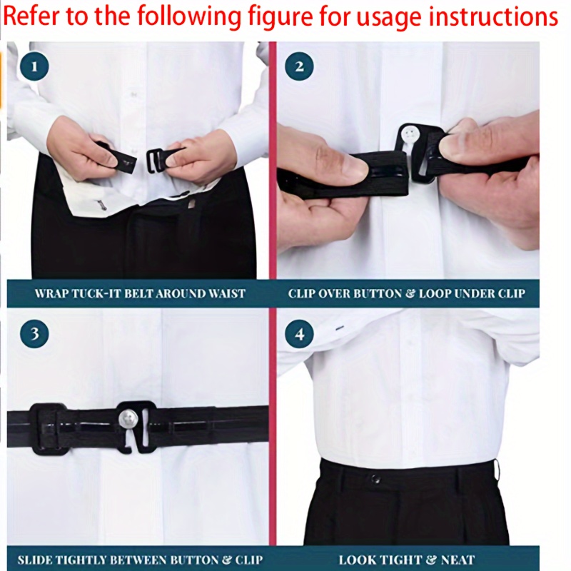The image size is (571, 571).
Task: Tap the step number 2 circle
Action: pyautogui.click(x=299, y=67)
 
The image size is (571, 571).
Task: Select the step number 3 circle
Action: pyautogui.click(x=34, y=333)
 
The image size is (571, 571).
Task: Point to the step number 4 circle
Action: pyautogui.click(x=299, y=333)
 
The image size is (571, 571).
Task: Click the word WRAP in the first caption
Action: pyautogui.click(x=52, y=293)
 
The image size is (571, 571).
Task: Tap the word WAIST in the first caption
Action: pyautogui.click(x=227, y=293)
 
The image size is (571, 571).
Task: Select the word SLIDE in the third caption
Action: pyautogui.click(x=33, y=560)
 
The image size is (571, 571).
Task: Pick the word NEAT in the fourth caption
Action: pyautogui.click(x=458, y=560)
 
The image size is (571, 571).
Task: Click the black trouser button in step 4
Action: pyautogui.click(x=375, y=477)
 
